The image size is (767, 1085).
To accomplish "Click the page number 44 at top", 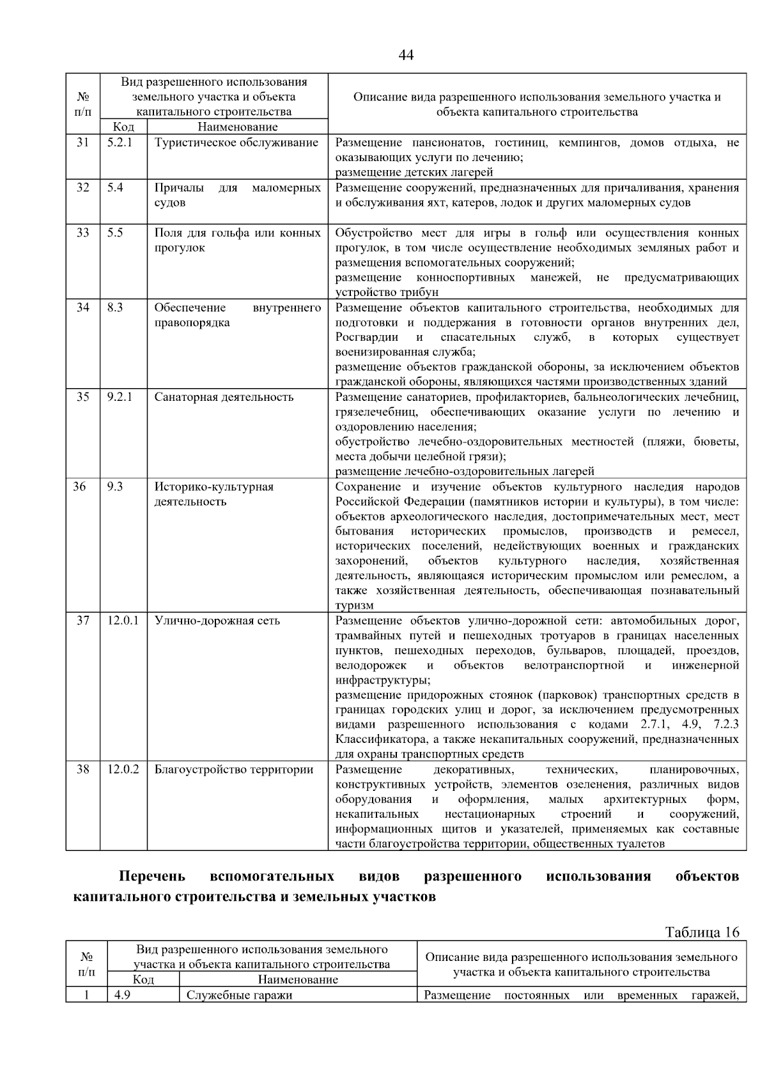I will pyautogui.click(x=405, y=55).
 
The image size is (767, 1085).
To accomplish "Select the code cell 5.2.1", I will pyautogui.click(x=120, y=142).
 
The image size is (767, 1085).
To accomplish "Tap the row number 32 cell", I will pyautogui.click(x=83, y=187).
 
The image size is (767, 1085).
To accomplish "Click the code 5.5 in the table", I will pyautogui.click(x=115, y=233).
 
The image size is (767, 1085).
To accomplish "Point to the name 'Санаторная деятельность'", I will pyautogui.click(x=224, y=397).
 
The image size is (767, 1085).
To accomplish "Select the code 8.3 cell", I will pyautogui.click(x=115, y=308).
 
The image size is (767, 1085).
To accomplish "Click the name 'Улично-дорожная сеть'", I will pyautogui.click(x=217, y=621).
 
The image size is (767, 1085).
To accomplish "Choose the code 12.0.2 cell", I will pyautogui.click(x=123, y=769).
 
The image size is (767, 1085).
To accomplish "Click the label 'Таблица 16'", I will pyautogui.click(x=702, y=932).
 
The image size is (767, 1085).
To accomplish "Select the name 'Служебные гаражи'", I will pyautogui.click(x=239, y=995).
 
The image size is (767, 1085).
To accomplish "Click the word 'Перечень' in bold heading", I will pyautogui.click(x=152, y=876).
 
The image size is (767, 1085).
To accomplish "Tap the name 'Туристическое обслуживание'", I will pyautogui.click(x=236, y=142).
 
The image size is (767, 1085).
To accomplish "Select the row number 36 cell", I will pyautogui.click(x=79, y=487).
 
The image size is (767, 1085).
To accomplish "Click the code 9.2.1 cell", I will pyautogui.click(x=120, y=397).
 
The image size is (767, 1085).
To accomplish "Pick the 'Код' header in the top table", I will pyautogui.click(x=123, y=127).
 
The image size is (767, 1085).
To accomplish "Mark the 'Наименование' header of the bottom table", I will pyautogui.click(x=297, y=979).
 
